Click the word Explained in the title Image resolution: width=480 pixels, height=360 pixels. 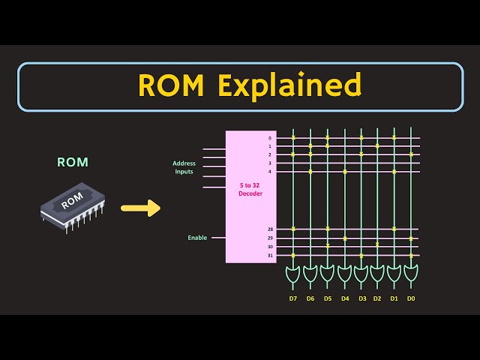tap(289, 86)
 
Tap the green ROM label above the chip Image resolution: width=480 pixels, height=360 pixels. tap(73, 162)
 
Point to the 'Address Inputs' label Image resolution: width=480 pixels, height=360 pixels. tap(183, 167)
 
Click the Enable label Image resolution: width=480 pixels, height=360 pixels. tap(197, 238)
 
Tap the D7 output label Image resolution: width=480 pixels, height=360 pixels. tap(293, 298)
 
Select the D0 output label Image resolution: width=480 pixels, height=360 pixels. tap(411, 298)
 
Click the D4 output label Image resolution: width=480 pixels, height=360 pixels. tap(345, 298)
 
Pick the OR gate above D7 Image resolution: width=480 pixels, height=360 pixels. tap(293, 274)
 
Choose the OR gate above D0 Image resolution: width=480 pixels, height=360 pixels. tap(411, 274)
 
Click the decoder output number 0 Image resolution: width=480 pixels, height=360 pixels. tap(270, 139)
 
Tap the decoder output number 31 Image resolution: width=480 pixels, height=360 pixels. tap(269, 256)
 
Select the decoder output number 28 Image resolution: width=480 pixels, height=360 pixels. tap(269, 229)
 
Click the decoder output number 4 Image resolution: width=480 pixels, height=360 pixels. tap(270, 172)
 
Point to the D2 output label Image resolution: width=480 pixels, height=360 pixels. tap(377, 298)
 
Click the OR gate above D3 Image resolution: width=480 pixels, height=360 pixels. tap(361, 274)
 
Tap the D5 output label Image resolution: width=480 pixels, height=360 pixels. tap(328, 298)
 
